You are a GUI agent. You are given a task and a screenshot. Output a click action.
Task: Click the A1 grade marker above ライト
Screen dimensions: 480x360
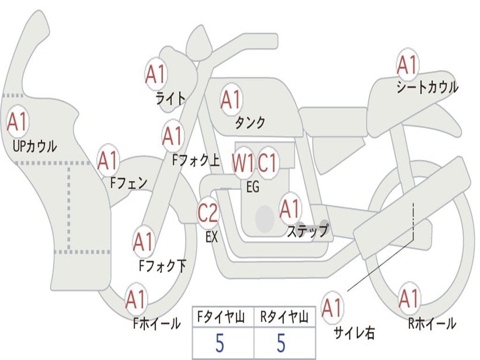(x=157, y=75)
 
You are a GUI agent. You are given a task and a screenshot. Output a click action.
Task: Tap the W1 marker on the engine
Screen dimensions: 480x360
(x=243, y=162)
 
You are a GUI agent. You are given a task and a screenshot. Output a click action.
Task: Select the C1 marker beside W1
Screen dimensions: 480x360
(x=267, y=162)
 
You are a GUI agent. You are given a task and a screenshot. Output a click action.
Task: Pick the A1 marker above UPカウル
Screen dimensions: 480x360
(x=17, y=121)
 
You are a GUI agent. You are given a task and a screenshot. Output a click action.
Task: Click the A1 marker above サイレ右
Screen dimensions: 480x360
(x=332, y=307)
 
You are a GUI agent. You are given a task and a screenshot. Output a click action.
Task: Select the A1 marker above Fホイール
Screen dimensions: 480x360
(x=136, y=300)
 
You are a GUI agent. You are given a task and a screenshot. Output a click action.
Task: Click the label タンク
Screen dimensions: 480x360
(x=250, y=122)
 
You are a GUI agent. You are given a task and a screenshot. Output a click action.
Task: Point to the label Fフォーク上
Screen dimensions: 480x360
(x=196, y=160)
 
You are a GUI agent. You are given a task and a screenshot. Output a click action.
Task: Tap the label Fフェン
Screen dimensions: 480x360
(x=128, y=183)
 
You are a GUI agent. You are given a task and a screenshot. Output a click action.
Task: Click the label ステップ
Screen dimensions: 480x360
(x=308, y=231)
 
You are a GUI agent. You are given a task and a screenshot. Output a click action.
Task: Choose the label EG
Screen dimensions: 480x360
(x=253, y=187)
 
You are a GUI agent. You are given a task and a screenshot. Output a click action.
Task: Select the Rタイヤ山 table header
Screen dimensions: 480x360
(x=285, y=317)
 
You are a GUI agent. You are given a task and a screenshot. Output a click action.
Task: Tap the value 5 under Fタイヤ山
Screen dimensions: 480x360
(x=220, y=343)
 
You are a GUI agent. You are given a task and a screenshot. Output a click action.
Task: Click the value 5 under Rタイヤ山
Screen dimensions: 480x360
(x=281, y=343)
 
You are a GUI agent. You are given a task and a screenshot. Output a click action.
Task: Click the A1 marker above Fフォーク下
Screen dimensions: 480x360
(x=143, y=242)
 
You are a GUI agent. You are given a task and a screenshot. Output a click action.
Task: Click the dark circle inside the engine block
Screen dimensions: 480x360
(x=265, y=219)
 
